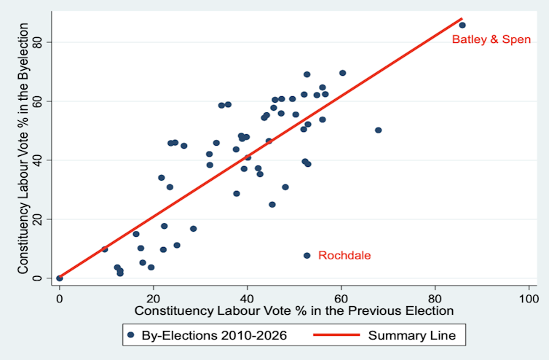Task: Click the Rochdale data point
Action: [307, 255]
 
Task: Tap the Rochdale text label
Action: [344, 256]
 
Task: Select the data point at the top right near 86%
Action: [462, 25]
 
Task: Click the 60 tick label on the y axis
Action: [39, 101]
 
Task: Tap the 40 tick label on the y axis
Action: [39, 160]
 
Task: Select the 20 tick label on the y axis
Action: [39, 219]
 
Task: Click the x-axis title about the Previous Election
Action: [294, 310]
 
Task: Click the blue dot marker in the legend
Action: [131, 335]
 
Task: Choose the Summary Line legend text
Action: [413, 335]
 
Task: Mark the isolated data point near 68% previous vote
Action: [378, 130]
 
